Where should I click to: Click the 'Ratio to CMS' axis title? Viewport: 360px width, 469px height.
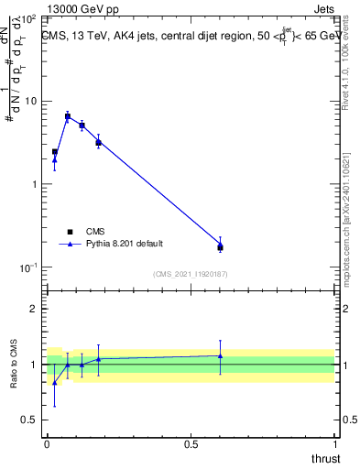16,364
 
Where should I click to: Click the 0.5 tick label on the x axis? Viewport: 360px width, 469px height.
191,443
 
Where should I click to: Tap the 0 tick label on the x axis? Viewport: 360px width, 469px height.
47,443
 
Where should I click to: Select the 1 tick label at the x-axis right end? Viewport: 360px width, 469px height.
335,443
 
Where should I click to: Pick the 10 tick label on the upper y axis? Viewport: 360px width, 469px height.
31,101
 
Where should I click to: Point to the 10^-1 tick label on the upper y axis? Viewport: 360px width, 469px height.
29,267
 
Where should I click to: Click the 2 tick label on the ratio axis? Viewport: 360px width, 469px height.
35,309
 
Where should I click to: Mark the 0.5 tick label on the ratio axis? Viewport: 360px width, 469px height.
31,420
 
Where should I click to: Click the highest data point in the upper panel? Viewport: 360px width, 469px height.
68,115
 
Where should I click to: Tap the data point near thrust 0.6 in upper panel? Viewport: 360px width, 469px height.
220,245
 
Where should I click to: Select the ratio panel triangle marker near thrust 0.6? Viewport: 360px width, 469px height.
220,355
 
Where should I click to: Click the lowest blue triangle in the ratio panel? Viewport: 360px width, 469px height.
54,383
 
